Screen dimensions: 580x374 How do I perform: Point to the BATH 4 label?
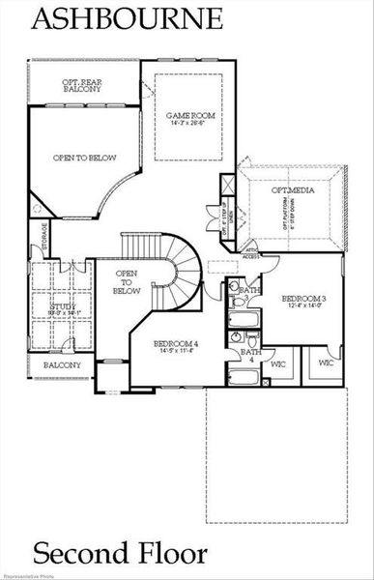(x=250, y=356)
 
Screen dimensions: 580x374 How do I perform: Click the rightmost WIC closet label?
(x=325, y=364)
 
